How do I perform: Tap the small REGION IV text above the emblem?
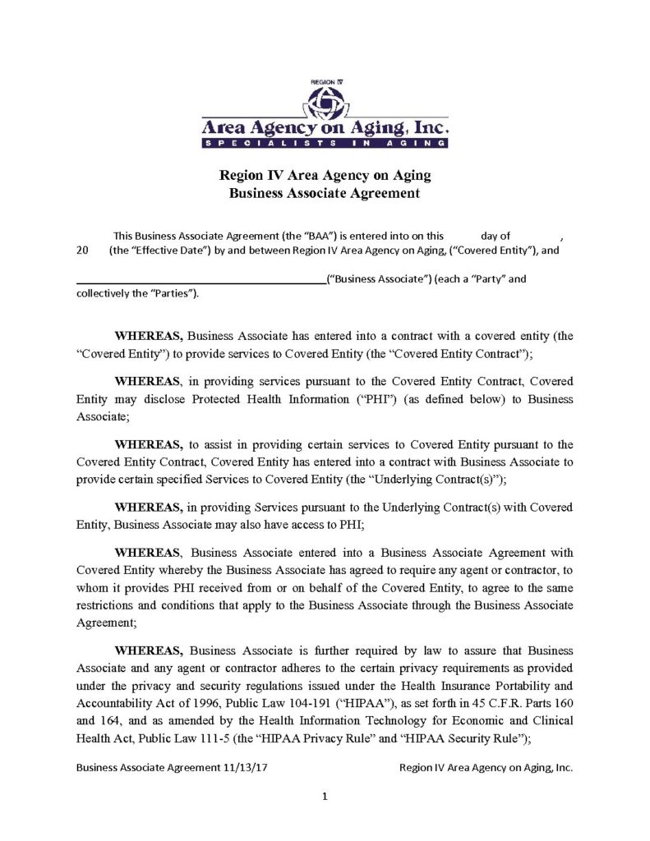coord(325,83)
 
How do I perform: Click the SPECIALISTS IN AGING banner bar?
coord(325,143)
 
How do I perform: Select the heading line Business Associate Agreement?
coord(325,194)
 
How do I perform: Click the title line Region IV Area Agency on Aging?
coord(325,176)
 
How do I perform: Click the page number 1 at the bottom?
coord(325,796)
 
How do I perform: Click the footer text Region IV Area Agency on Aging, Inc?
coord(485,768)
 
